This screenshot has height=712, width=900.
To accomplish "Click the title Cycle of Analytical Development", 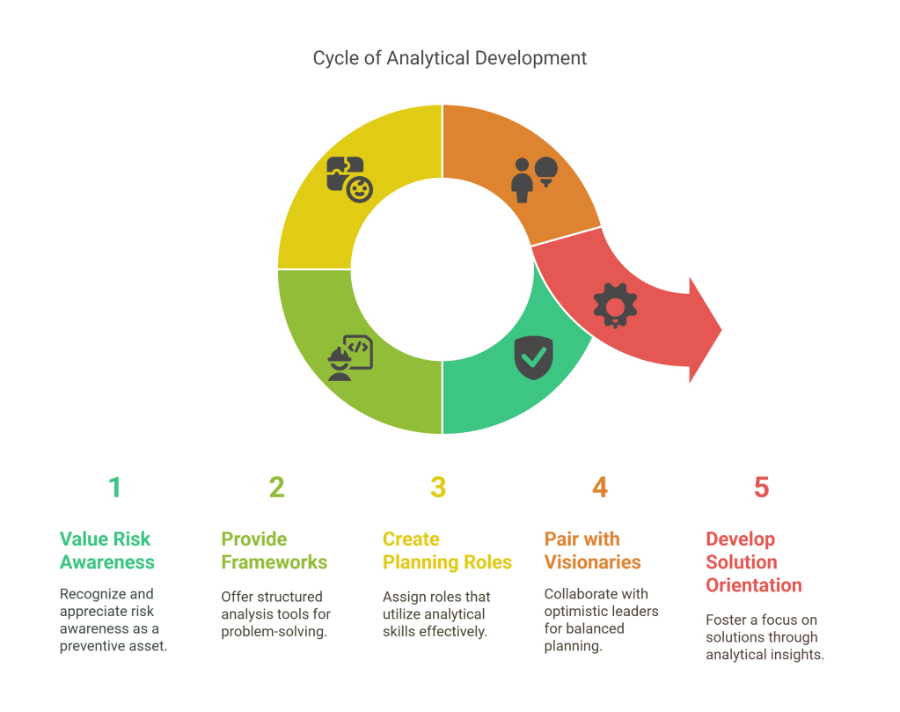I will tap(450, 59).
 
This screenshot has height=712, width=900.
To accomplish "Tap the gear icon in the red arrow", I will tap(615, 305).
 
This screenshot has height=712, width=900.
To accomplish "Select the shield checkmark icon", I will tap(533, 357).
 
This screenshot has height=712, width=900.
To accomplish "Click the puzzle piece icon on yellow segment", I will tap(349, 179).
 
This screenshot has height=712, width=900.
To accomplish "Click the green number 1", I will tap(114, 487).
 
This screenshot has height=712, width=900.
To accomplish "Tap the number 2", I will tap(276, 487).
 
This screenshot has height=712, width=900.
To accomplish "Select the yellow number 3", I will tap(438, 487).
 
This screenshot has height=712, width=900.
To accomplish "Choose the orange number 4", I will tap(600, 487).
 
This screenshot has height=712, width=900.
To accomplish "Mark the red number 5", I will tap(762, 487).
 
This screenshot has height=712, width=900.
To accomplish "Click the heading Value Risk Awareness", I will tap(106, 550).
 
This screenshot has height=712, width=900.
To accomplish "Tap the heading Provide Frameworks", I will tap(274, 550).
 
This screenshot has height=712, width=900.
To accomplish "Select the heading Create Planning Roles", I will tap(447, 550).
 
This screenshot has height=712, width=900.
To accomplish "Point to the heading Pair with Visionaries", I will tap(592, 550).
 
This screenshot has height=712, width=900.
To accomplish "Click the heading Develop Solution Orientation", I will tap(754, 562).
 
